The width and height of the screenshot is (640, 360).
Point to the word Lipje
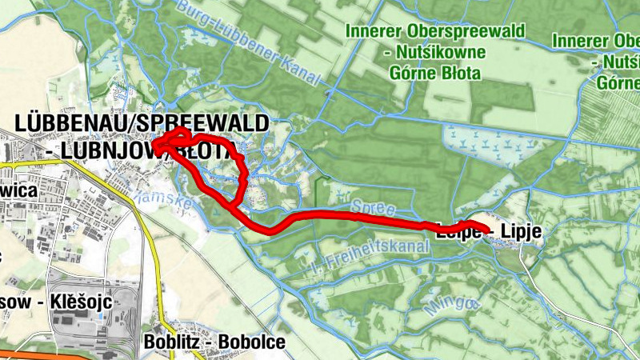pos(522,232)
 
